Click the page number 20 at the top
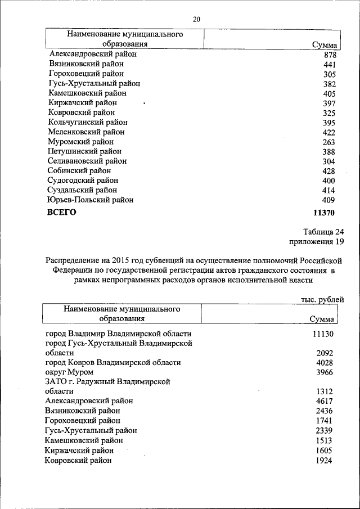(196, 20)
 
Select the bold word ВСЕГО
(61, 213)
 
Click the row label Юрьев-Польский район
(91, 199)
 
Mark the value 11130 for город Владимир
(323, 334)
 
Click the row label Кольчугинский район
(88, 122)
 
